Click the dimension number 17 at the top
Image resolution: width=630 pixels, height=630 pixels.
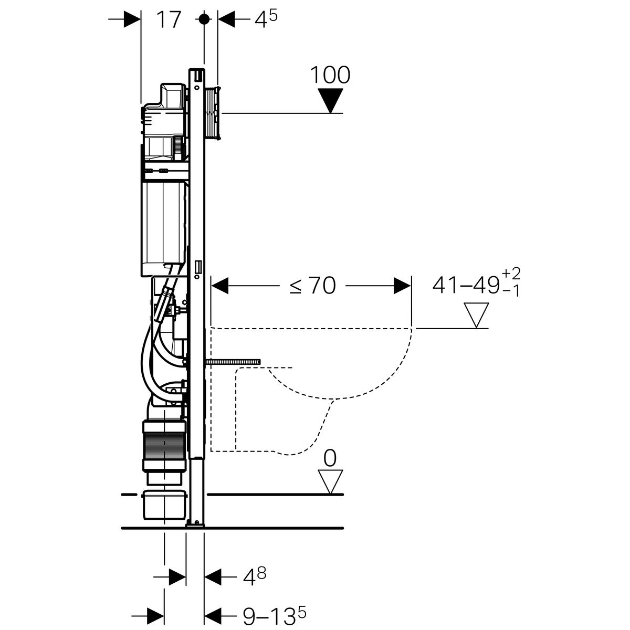click(169, 20)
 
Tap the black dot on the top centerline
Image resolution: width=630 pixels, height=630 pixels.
click(204, 19)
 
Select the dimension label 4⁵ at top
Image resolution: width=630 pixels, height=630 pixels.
click(266, 19)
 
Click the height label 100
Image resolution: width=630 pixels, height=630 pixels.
click(330, 75)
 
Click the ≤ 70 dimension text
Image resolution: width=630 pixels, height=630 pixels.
click(312, 286)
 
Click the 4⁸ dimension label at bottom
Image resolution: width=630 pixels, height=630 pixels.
click(254, 576)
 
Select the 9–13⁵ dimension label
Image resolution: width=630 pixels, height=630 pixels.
click(274, 616)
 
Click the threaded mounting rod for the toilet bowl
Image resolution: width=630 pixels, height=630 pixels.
click(233, 362)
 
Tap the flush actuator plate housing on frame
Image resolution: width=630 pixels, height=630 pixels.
click(213, 113)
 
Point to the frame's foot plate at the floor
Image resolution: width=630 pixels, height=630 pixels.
click(195, 525)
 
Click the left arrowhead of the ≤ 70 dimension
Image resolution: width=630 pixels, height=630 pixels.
click(219, 286)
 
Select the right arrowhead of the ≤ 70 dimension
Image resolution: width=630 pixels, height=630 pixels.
click(403, 286)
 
